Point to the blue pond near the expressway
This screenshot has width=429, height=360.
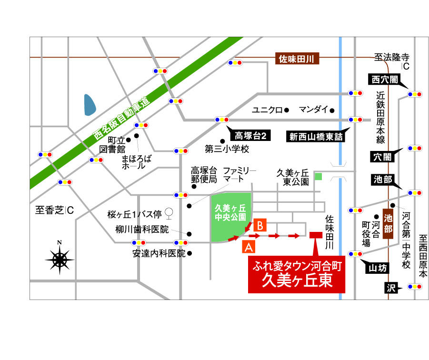pyautogui.click(x=90, y=105)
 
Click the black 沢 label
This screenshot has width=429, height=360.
pyautogui.click(x=391, y=288)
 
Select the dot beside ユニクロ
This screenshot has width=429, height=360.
pyautogui.click(x=287, y=110)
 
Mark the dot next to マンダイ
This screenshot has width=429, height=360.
pyautogui.click(x=332, y=110)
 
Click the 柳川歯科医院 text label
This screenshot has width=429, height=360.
pyautogui.click(x=142, y=230)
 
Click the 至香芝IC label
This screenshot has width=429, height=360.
pyautogui.click(x=55, y=210)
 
